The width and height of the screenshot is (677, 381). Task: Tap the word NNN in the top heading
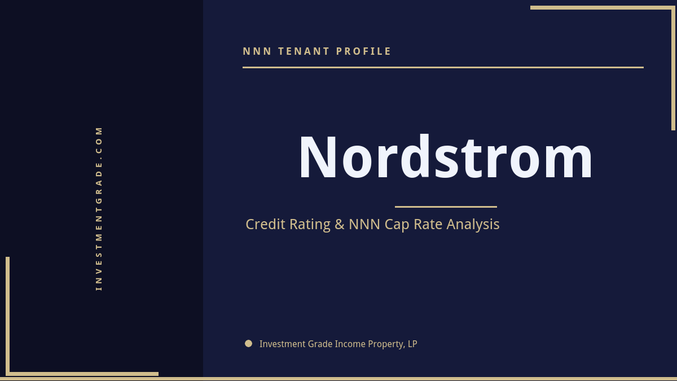257,51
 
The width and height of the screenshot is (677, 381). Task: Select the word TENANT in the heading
304,51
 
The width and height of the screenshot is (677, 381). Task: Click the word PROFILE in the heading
364,51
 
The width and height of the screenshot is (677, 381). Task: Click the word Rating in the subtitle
310,224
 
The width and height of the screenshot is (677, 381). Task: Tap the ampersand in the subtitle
339,224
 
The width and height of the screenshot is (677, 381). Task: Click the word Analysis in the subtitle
473,224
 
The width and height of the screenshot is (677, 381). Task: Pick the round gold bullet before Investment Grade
248,343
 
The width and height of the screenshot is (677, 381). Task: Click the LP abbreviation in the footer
412,344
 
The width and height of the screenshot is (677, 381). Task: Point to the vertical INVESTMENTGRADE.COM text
99,208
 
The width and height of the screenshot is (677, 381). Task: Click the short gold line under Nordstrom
446,207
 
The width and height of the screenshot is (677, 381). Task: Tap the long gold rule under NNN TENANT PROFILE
443,67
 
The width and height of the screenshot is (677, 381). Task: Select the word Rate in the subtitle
428,224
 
